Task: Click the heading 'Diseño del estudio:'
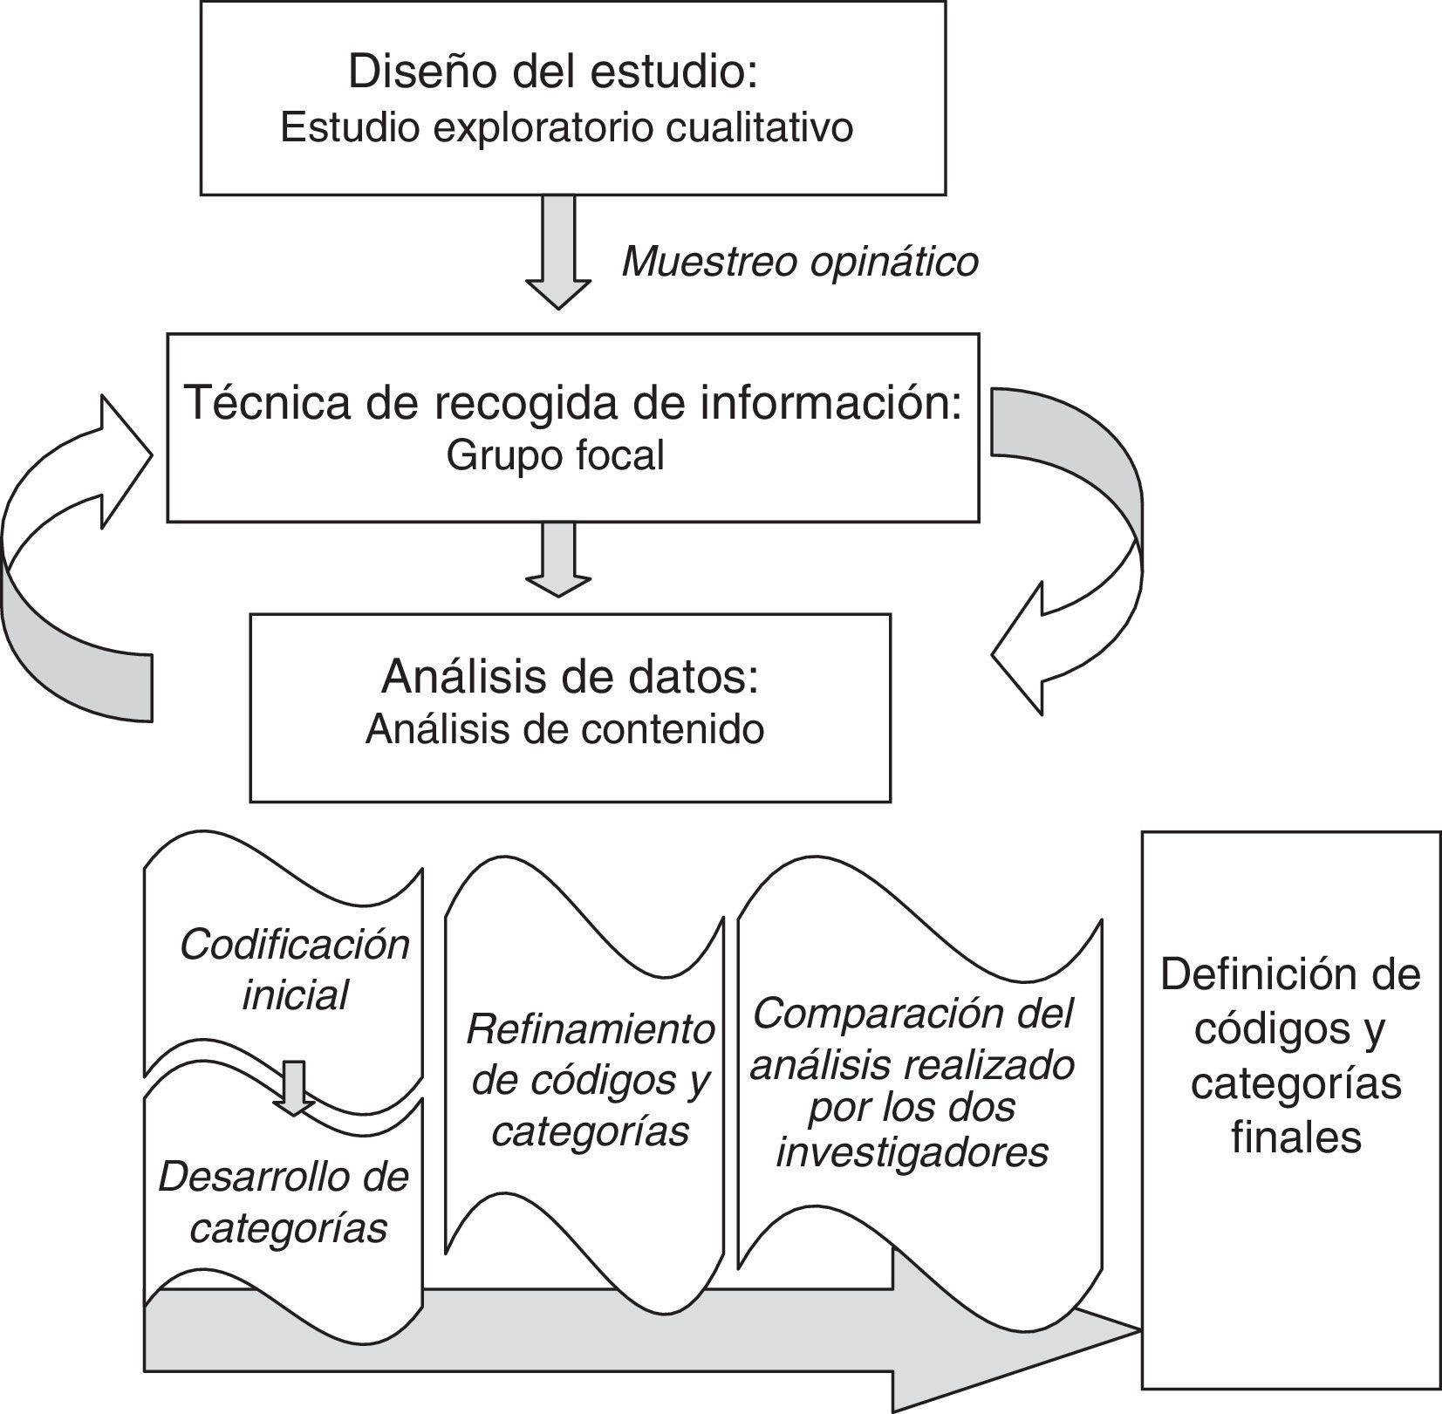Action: click(x=552, y=72)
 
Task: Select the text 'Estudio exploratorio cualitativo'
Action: click(x=566, y=128)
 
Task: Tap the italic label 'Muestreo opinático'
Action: click(x=799, y=261)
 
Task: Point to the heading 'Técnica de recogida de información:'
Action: click(x=573, y=403)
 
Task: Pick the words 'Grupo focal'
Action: click(x=556, y=455)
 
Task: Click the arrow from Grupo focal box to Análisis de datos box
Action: click(x=558, y=558)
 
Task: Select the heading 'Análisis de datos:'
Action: click(x=570, y=677)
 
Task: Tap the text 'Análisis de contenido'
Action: click(x=565, y=729)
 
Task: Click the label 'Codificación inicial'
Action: click(x=295, y=970)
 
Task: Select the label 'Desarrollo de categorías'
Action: click(x=284, y=1202)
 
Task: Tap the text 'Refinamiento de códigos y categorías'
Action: click(x=591, y=1080)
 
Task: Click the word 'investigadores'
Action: click(x=912, y=1152)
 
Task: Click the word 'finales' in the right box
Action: click(x=1296, y=1137)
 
